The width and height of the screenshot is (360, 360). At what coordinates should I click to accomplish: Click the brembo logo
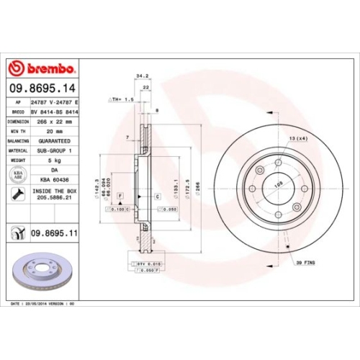41,68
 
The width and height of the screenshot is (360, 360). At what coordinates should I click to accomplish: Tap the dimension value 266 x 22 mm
55,122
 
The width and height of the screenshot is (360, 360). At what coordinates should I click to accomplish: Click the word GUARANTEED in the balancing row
55,141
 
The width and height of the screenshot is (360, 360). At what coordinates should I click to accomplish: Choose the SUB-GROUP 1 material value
55,150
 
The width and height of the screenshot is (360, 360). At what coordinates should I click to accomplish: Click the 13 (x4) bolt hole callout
298,138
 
